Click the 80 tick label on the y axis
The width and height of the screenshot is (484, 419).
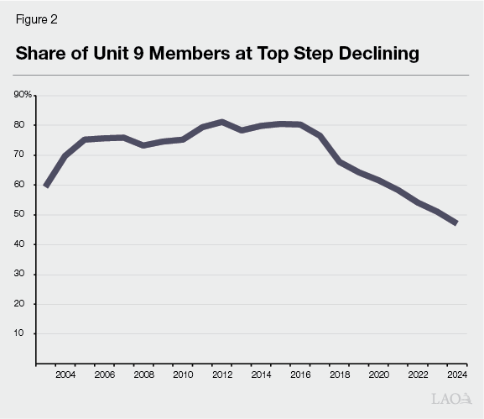[x=25, y=125]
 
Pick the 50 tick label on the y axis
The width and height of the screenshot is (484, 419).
[x=25, y=215]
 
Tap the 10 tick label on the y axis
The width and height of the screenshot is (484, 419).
[x=25, y=333]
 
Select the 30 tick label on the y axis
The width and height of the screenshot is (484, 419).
[x=25, y=275]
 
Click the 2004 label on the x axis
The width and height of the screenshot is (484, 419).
[x=65, y=374]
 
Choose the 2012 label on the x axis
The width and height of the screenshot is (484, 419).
[x=221, y=374]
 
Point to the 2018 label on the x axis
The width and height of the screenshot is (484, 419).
[x=338, y=374]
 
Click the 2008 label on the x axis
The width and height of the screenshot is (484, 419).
[x=143, y=374]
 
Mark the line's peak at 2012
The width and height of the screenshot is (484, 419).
[x=221, y=122]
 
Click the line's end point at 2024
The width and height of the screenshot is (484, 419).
[x=455, y=223]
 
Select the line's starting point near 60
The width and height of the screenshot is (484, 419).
[x=46, y=186]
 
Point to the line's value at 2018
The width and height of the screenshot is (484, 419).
[x=338, y=161]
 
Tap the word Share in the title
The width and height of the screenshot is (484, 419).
[x=42, y=55]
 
